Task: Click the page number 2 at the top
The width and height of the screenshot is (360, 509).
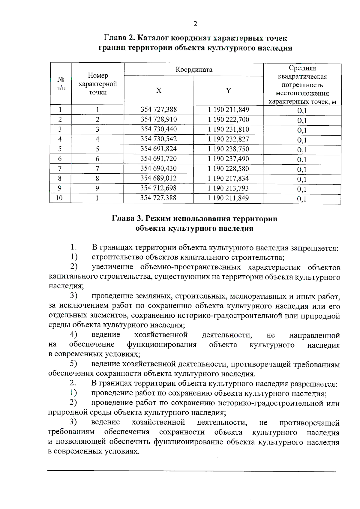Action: click(195, 24)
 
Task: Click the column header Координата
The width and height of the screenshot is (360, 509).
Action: click(194, 70)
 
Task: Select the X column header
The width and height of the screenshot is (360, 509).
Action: click(159, 90)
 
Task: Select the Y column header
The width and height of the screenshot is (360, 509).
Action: click(229, 90)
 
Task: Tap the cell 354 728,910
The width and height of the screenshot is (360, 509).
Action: click(159, 119)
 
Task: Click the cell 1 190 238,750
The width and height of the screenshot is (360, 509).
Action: click(229, 149)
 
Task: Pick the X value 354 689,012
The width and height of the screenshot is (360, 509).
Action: click(158, 178)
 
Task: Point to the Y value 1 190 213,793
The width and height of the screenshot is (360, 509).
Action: click(229, 188)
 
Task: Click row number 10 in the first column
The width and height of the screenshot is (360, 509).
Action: click(59, 198)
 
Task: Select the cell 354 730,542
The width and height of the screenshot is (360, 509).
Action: click(159, 139)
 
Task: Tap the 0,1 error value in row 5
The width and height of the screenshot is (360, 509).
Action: click(302, 150)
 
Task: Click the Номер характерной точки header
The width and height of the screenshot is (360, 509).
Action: click(97, 84)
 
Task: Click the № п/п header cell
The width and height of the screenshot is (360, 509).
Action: click(61, 83)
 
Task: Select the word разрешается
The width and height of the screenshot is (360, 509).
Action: click(314, 384)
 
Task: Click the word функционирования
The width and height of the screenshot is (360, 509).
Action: click(162, 345)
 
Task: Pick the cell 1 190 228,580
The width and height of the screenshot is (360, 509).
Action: click(229, 169)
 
